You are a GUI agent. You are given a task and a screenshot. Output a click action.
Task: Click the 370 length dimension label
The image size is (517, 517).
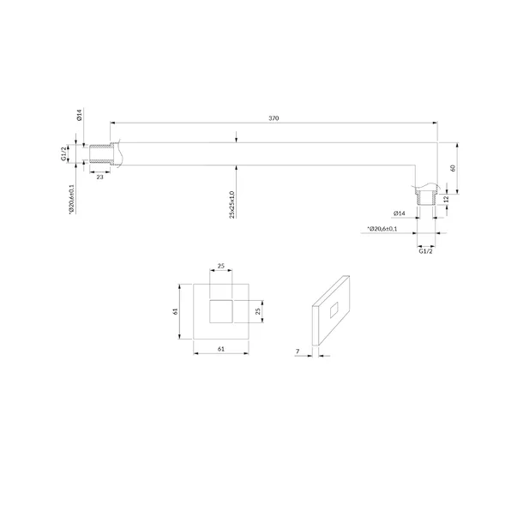point(274,118)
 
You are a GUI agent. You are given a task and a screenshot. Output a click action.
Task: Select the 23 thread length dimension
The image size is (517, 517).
point(99,177)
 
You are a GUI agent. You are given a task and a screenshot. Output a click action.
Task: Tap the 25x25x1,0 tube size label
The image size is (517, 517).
point(232,204)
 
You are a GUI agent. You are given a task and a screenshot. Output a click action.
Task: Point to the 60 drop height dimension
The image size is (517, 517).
point(453,168)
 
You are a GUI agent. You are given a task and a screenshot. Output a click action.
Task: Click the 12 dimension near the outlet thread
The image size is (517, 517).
point(447,199)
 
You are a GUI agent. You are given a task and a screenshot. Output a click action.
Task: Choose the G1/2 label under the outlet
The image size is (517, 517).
point(425,251)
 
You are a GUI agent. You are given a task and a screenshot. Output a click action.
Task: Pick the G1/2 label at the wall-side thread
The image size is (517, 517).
point(63,153)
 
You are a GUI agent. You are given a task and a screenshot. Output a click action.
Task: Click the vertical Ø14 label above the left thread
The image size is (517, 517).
point(79,115)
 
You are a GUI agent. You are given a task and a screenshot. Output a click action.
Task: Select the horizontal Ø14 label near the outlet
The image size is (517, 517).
point(400,213)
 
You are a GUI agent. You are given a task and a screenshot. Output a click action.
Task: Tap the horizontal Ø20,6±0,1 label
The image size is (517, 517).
point(382,229)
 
